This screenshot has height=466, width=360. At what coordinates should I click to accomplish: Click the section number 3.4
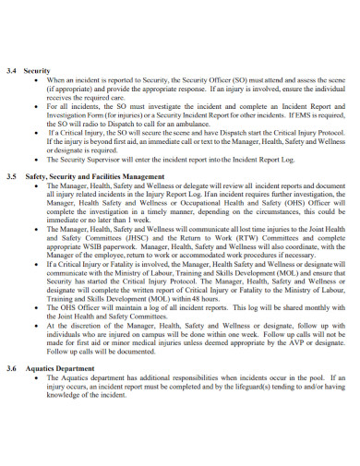[x=11, y=70]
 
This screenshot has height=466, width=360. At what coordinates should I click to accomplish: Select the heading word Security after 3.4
[x=37, y=70]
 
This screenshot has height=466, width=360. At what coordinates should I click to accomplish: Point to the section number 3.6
[x=11, y=368]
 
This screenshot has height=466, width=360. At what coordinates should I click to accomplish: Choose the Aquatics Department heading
[x=61, y=368]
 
